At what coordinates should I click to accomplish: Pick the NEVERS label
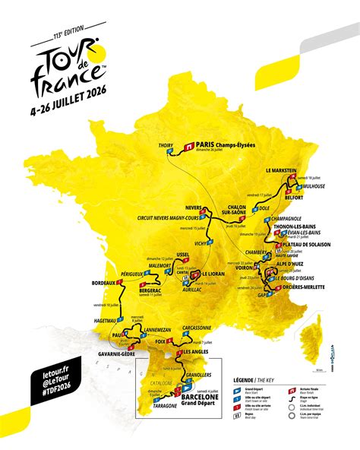point(197,207)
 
